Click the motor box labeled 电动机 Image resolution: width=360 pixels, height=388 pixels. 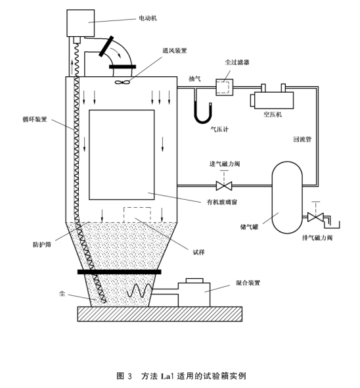[81, 23]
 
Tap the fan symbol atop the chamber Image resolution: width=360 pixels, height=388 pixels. [122, 82]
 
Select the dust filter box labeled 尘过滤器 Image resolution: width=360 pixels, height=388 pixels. [224, 87]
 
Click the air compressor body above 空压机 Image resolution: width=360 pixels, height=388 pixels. [274, 100]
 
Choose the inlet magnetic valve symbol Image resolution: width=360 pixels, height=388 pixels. [224, 186]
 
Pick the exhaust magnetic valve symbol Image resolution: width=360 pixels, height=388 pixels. [315, 217]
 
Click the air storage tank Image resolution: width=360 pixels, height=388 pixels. [287, 197]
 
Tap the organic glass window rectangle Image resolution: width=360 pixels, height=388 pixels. [122, 155]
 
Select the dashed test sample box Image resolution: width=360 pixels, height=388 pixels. [137, 215]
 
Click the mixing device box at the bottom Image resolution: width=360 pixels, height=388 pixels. [194, 295]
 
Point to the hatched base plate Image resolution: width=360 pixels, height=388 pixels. [160, 314]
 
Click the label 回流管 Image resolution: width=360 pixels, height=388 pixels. [302, 139]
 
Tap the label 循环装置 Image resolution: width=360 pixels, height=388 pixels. [35, 119]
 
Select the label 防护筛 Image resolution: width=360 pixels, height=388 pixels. [42, 245]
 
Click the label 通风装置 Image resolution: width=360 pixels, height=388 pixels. [175, 51]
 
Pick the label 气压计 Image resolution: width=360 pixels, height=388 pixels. [219, 129]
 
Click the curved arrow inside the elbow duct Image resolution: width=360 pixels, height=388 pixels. [116, 52]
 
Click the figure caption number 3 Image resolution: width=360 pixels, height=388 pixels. [130, 376]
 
